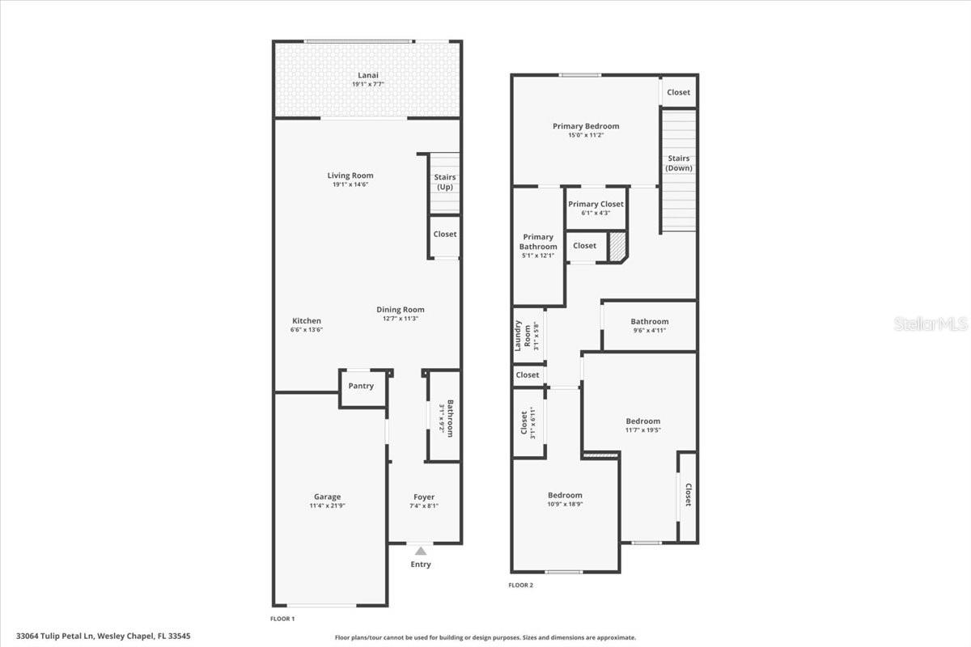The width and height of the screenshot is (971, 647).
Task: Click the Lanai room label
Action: [x=367, y=75]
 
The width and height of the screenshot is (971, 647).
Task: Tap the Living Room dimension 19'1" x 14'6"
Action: [x=350, y=185]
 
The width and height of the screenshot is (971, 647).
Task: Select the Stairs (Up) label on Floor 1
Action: [x=445, y=182]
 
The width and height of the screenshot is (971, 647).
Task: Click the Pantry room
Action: [x=361, y=387]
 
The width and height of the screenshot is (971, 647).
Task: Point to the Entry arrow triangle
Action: [x=420, y=551]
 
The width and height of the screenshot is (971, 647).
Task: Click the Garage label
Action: [x=327, y=497]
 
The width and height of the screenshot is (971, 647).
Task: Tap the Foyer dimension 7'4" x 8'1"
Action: [x=424, y=506]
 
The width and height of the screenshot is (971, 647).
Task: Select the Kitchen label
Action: [x=307, y=321]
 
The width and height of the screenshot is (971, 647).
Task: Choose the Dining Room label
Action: [x=400, y=310]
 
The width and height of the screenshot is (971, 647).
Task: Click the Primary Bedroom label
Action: [x=586, y=126]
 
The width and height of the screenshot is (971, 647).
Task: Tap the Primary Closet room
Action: [x=596, y=208]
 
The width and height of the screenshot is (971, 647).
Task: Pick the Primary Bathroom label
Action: [x=538, y=242]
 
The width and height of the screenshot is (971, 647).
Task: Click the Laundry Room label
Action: [x=523, y=337]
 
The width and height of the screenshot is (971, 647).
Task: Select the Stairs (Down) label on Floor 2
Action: [x=678, y=163]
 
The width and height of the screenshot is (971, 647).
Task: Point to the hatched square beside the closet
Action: [x=617, y=247]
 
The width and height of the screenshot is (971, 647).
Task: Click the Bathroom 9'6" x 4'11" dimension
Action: [x=649, y=330]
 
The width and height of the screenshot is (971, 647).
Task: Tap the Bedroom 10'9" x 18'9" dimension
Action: [x=564, y=504]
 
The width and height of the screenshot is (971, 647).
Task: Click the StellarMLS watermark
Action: [x=931, y=324]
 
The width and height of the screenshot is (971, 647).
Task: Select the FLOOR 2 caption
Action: [x=520, y=585]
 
